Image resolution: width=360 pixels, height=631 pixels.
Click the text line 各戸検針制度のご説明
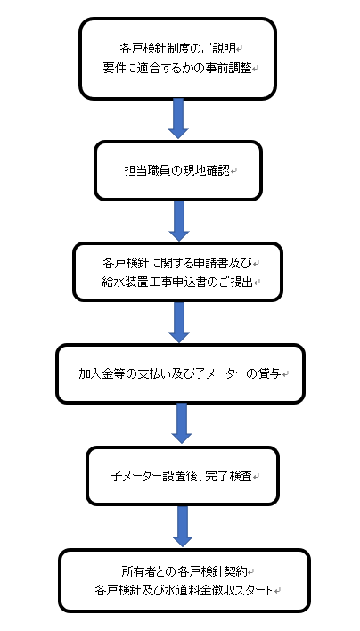pos(177,49)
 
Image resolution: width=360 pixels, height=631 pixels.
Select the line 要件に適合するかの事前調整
pos(177,68)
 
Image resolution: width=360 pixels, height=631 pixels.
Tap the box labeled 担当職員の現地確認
pos(178,170)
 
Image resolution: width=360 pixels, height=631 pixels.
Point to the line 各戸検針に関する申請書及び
pos(177,263)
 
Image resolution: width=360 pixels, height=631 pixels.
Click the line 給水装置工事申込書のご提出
pos(177,283)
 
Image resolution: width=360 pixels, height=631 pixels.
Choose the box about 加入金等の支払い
pos(180,373)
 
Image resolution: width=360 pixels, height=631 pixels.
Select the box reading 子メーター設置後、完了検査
pos(183,476)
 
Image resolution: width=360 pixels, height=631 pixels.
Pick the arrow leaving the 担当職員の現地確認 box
pos(179,221)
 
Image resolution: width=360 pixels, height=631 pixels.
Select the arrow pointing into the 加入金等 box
pos(179,323)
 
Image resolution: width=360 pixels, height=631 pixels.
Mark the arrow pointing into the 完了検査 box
pos(182,423)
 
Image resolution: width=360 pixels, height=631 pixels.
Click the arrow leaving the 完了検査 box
pos(183,527)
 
